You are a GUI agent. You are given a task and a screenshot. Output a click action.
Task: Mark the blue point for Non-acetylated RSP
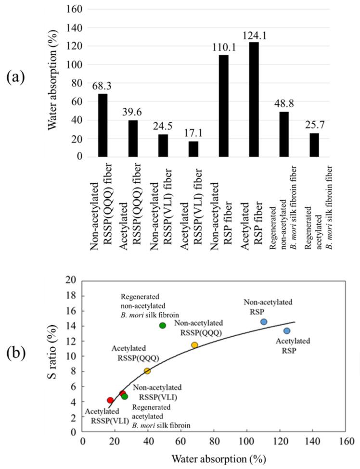click(x=264, y=322)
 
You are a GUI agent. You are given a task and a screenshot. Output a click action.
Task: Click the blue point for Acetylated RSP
click(x=287, y=331)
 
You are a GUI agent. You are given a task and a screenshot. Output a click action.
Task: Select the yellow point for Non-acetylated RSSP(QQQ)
click(x=194, y=345)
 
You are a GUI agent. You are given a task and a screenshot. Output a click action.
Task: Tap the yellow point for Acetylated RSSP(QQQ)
click(x=147, y=371)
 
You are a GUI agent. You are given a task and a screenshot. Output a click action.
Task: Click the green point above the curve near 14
click(x=163, y=326)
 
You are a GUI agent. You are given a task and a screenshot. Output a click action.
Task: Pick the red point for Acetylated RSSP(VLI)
click(x=110, y=400)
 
